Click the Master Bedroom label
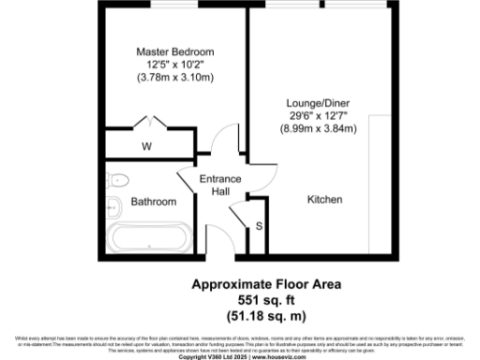175,51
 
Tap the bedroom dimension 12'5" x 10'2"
175,64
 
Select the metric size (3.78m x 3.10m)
175,77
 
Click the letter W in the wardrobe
146,146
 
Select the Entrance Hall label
220,185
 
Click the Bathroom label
153,201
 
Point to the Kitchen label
325,200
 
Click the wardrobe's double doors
147,122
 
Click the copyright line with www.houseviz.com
239,356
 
